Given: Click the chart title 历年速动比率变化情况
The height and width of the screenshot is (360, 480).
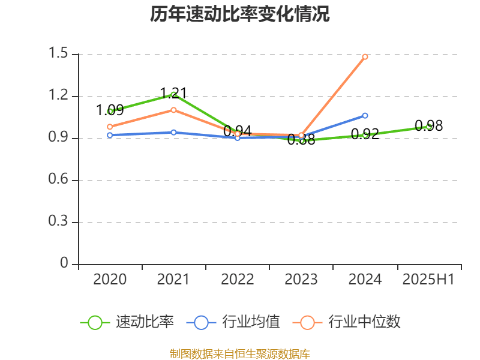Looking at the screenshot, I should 239,14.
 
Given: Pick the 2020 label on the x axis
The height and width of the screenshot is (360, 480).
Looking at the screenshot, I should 110,279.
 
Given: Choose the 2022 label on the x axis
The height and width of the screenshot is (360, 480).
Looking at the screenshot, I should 238,279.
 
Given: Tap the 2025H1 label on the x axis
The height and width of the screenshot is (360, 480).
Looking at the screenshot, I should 428,279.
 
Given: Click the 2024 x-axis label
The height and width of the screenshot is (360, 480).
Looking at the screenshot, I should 365,279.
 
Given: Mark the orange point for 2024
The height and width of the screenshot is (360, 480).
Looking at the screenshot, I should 365,56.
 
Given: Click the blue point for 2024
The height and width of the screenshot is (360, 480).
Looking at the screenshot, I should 365,115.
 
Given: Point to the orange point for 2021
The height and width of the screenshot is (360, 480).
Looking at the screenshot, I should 173,110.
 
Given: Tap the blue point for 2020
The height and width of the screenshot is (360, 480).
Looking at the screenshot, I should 110,135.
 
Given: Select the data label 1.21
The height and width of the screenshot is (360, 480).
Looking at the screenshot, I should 173,93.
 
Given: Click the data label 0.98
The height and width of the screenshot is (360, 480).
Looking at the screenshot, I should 428,125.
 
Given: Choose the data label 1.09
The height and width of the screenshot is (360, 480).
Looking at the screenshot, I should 110,110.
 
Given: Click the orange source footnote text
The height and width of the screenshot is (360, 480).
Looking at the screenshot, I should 239,353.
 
